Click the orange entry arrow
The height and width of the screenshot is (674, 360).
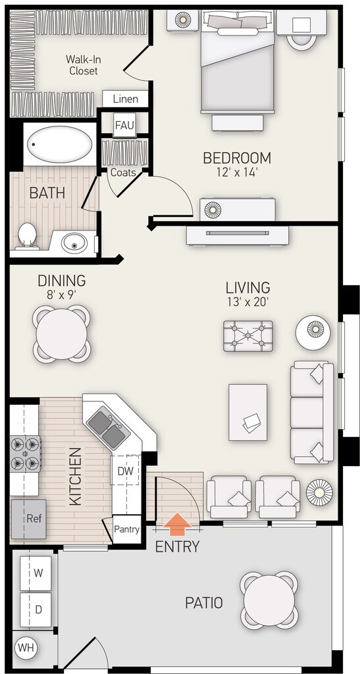tap(178, 525)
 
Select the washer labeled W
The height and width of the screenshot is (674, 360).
tap(36, 573)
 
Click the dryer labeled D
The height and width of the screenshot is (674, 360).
tap(36, 609)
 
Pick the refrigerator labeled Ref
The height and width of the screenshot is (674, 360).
tap(28, 519)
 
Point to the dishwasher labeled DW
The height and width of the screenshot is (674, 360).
tap(126, 470)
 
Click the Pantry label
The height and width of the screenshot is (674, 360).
tap(127, 529)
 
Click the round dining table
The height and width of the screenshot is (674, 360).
tap(62, 334)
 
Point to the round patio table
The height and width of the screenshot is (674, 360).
tap(269, 600)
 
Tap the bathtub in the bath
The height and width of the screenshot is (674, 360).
tap(59, 144)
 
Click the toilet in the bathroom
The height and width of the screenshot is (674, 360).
tap(27, 236)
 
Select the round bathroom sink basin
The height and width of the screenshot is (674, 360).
tap(74, 243)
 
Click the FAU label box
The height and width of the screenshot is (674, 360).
tap(124, 125)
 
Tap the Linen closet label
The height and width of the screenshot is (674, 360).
tap(126, 99)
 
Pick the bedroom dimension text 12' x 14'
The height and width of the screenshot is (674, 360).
tap(237, 172)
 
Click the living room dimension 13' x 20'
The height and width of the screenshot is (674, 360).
tap(248, 301)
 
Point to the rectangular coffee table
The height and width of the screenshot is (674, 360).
tap(248, 412)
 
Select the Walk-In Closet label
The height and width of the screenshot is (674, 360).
tap(84, 65)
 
